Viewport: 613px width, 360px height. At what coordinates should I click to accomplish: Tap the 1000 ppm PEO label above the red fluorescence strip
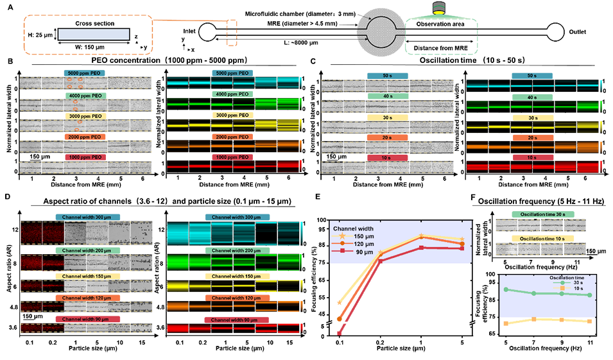230,157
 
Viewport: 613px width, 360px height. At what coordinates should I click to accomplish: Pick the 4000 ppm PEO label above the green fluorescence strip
230,94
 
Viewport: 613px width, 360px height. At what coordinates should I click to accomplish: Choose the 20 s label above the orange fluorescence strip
531,137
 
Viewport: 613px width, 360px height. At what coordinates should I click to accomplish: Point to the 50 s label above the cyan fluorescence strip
531,75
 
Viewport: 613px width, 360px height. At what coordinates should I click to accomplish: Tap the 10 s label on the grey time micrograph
387,157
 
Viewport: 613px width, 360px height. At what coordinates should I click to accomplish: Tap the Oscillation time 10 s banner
541,238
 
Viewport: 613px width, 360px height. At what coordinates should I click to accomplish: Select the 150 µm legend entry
357,236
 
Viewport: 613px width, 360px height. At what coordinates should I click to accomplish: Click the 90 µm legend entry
357,253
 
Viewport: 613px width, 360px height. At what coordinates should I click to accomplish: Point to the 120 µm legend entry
357,244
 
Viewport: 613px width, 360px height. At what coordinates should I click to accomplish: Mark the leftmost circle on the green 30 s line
506,289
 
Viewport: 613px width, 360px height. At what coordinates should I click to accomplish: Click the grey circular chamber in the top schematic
383,32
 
